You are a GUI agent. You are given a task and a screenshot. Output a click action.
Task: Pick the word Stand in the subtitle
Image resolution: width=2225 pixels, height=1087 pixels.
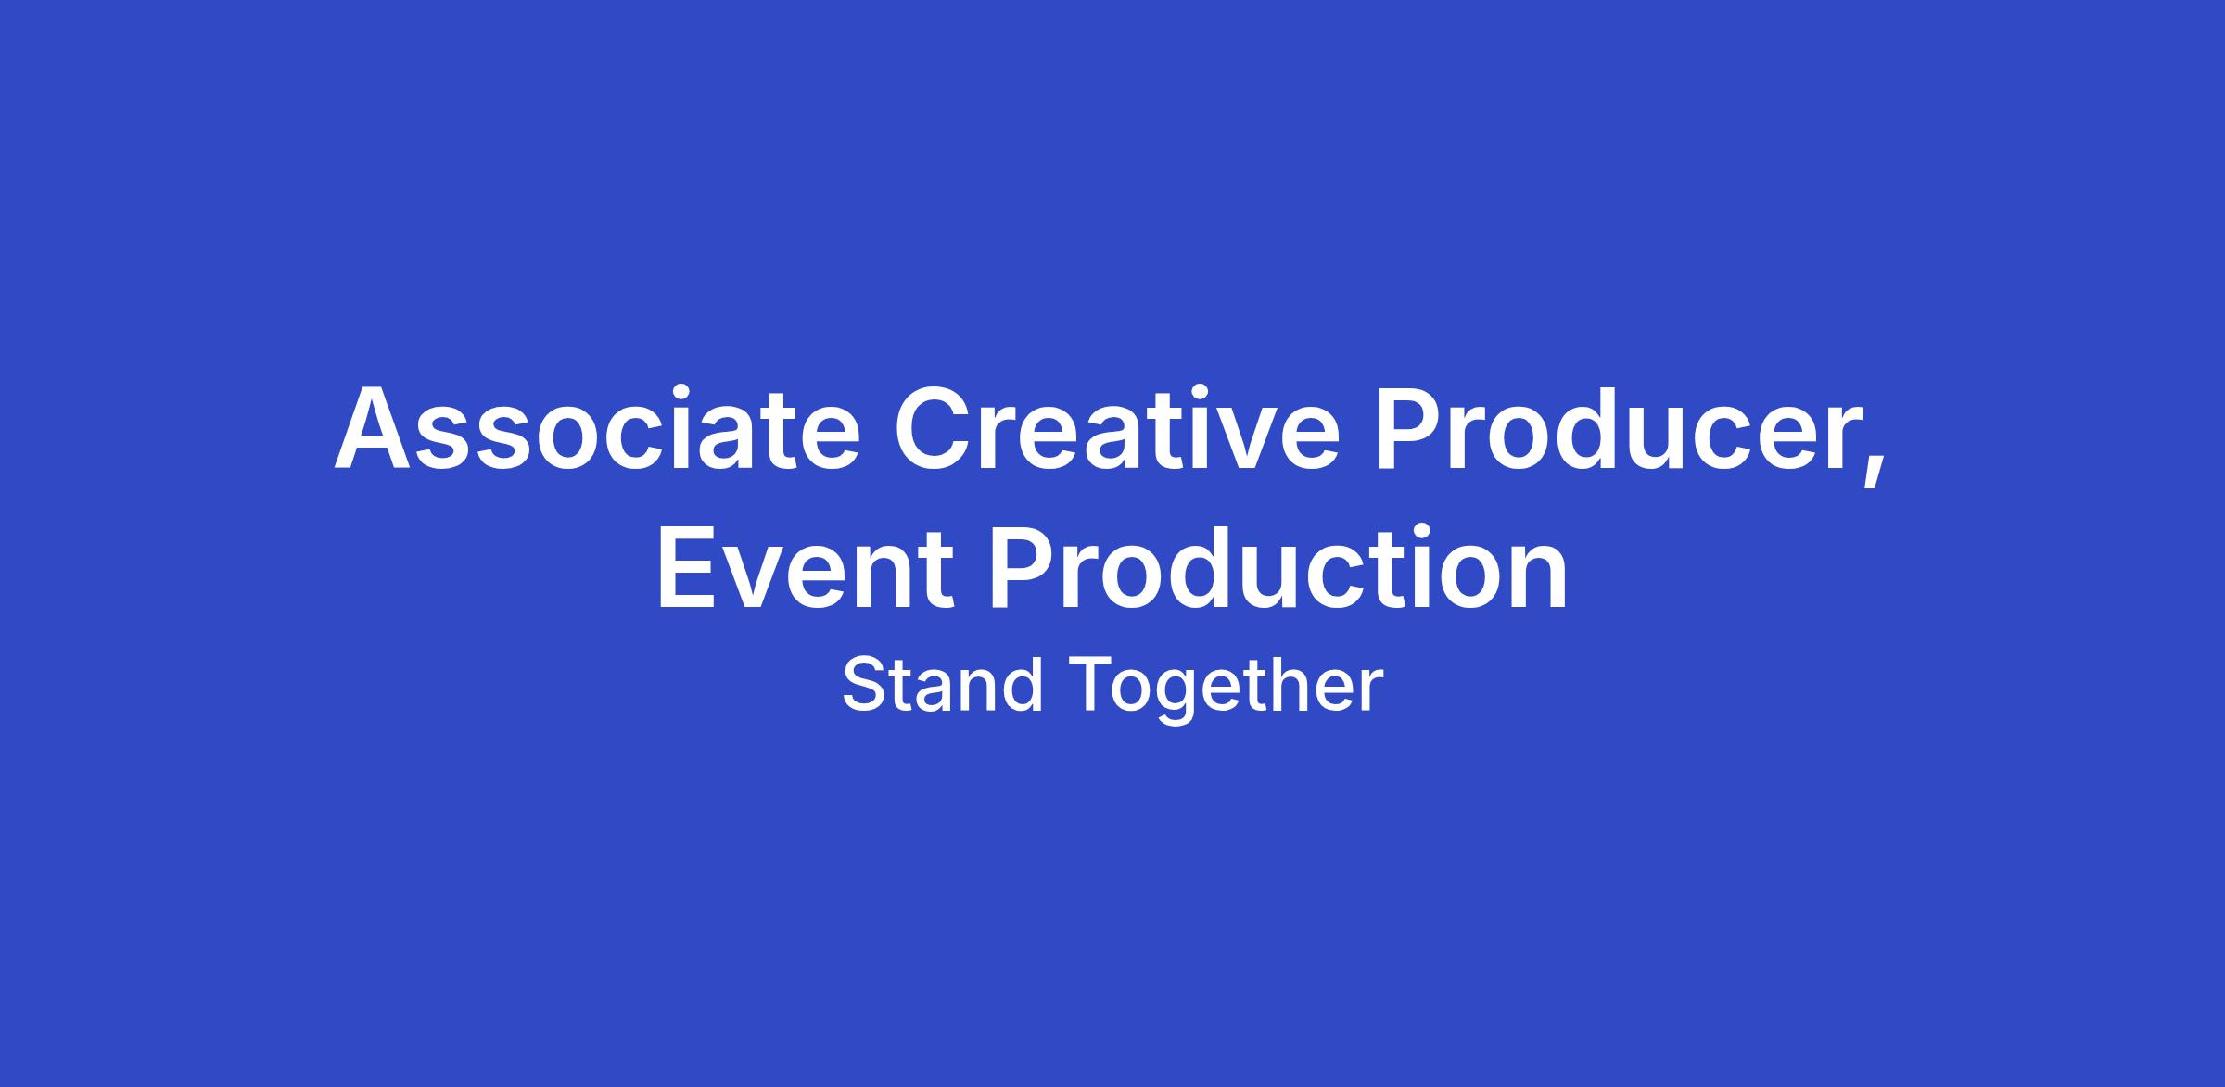[942, 685]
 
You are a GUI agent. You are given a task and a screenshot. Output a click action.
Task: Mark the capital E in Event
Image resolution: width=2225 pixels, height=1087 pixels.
[689, 566]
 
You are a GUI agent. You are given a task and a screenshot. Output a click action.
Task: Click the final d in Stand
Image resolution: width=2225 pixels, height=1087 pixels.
[1024, 685]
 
